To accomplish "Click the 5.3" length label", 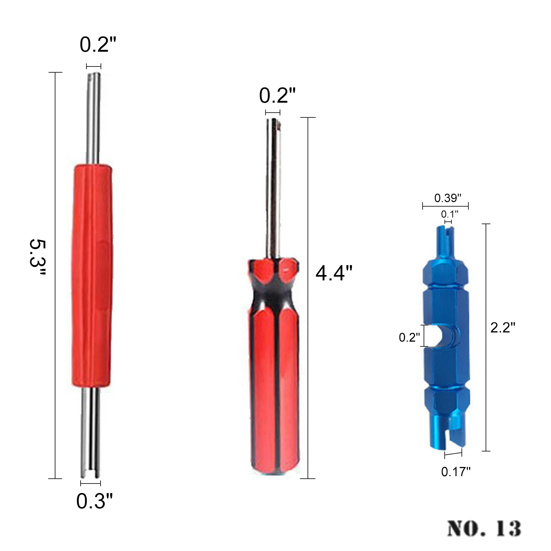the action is pos(37,257).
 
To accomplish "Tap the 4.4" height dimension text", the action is pos(334,273).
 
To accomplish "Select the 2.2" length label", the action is pos(503,327).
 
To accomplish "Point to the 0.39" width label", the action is pos(447,198).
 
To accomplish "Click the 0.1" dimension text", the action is pos(450,214).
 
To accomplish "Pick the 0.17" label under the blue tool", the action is pos(456,471).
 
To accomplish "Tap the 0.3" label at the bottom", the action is pos(94,501).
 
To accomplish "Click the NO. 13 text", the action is pos(484,528).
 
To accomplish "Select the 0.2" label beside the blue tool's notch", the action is pos(409,337).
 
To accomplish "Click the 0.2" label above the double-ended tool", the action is pos(98,44).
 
